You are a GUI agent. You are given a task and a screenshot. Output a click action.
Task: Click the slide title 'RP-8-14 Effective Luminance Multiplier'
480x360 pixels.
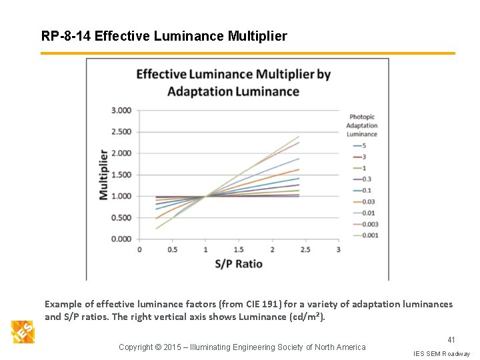tap(164, 36)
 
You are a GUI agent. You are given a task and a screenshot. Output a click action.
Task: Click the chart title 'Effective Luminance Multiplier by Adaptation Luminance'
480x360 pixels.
tap(233, 82)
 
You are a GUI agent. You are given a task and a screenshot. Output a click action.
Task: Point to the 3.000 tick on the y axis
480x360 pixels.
tap(120, 111)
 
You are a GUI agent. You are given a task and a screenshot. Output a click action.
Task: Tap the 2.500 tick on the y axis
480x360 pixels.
tap(120, 132)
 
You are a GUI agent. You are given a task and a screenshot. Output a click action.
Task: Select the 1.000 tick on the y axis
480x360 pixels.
tap(120, 196)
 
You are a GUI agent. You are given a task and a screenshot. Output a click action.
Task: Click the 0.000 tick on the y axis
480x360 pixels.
tap(120, 239)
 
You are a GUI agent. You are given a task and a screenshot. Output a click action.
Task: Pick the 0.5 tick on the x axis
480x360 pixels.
tap(172, 250)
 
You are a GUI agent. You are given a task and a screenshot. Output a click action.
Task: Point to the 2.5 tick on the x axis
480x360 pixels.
tap(305, 250)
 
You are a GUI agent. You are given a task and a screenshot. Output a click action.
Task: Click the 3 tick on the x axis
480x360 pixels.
tap(338, 250)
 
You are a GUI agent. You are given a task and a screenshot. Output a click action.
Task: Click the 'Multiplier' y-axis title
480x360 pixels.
tap(104, 175)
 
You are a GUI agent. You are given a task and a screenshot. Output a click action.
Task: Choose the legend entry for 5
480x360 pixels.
tap(364, 145)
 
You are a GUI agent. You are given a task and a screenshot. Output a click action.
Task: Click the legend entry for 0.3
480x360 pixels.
tap(366, 179)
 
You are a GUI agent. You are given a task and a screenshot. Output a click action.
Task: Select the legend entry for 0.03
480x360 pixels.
tap(367, 201)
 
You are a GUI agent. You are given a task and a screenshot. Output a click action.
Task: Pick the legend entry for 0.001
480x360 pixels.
tap(369, 235)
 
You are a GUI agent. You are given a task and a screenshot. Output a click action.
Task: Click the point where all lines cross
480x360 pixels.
tap(205, 196)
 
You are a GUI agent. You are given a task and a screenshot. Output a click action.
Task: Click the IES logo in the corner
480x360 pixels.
tap(22, 331)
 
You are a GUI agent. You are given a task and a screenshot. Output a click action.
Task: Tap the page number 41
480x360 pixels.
tap(451, 340)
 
